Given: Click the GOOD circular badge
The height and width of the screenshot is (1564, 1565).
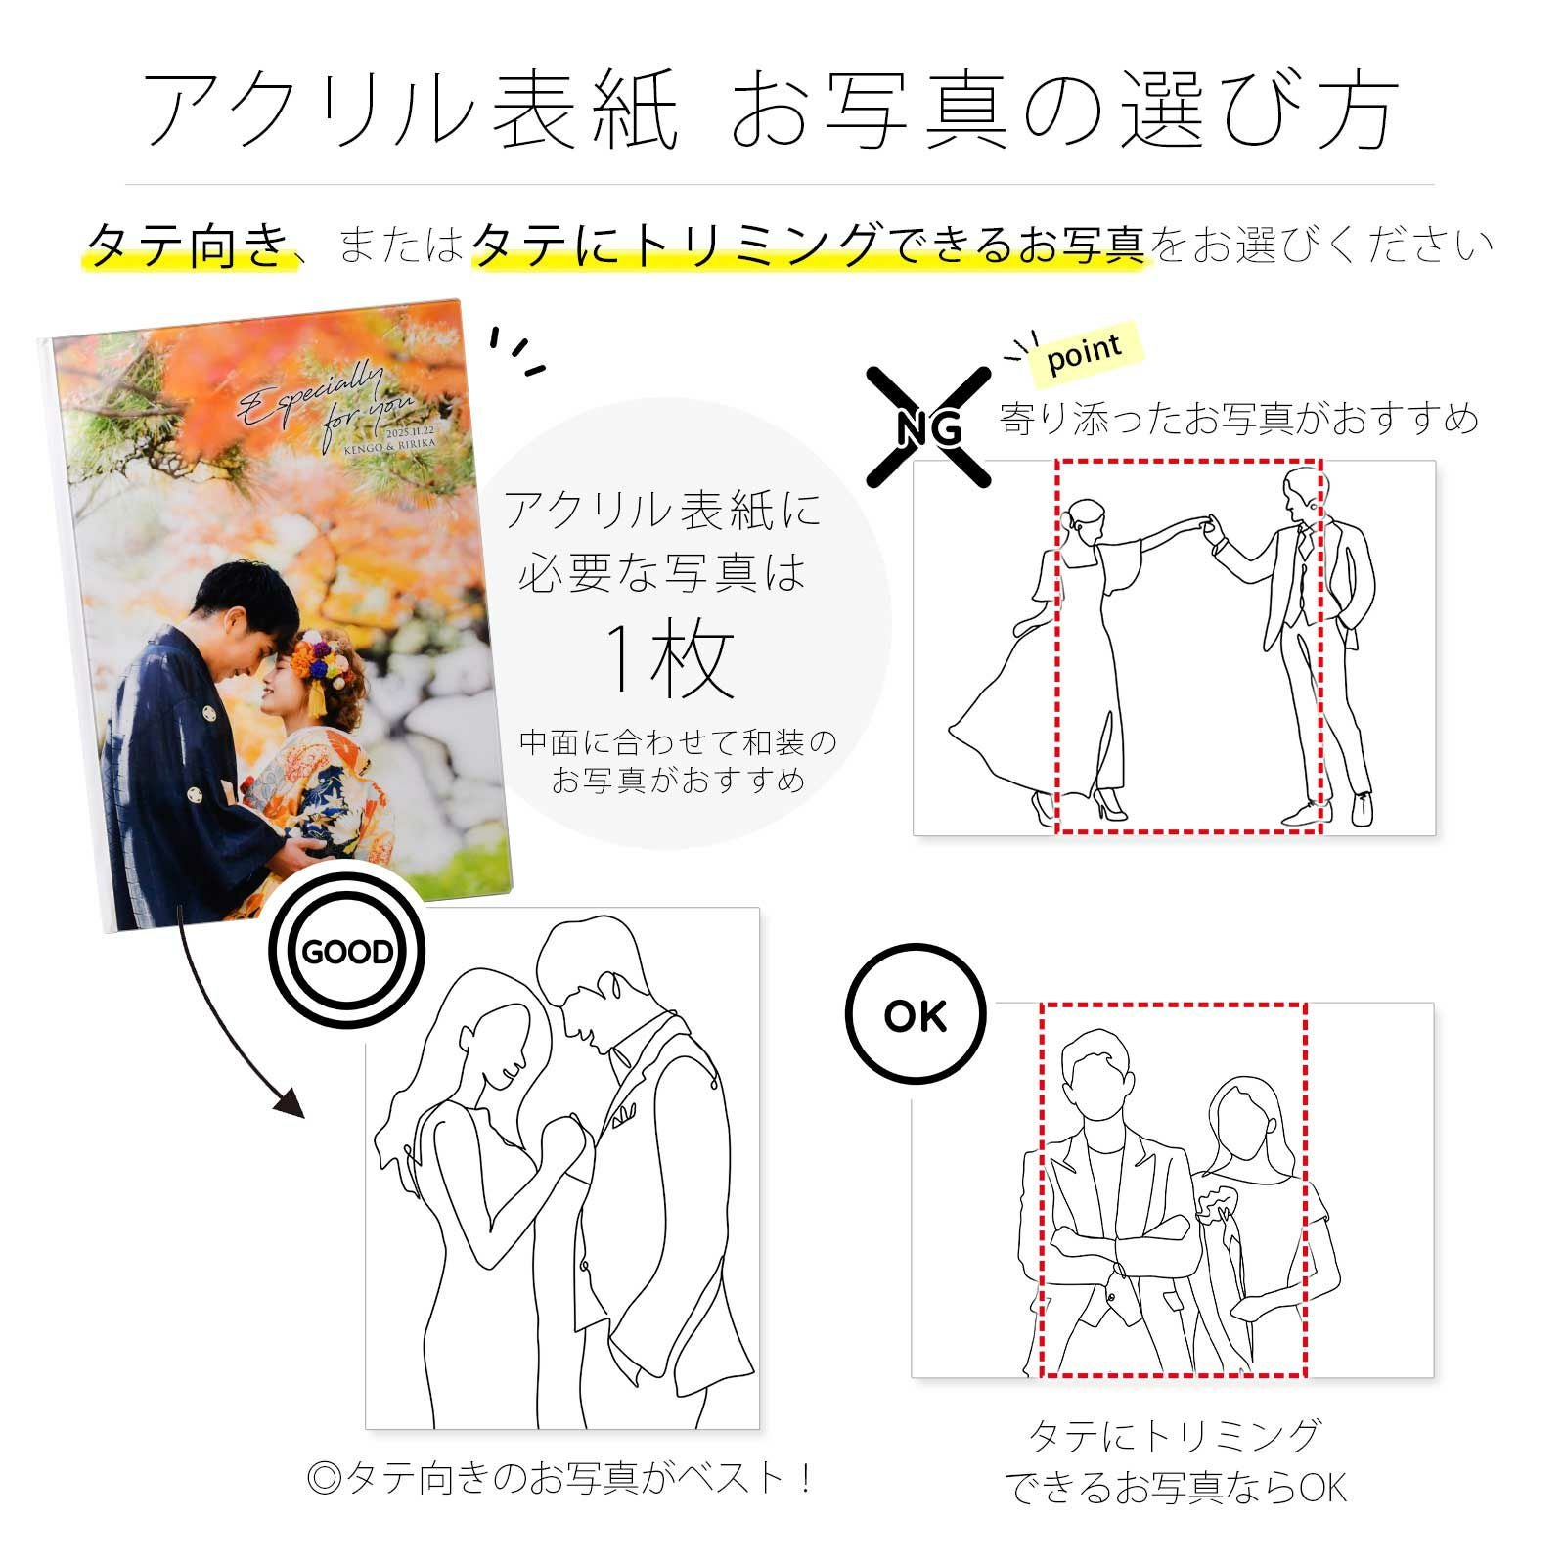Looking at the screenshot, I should pos(347,952).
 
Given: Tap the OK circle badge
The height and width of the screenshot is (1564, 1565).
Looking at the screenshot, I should pos(916,1016).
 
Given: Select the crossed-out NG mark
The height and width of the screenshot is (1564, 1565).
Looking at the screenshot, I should pos(929,427).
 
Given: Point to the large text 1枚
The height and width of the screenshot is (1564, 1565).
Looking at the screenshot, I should pos(670,661).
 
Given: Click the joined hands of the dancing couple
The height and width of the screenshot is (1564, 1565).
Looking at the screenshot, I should pos(1210,527).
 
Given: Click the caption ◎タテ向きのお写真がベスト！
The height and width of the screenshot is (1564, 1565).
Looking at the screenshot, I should pos(560,1477).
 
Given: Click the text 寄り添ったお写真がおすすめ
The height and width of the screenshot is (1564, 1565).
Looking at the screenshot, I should pos(1237,419).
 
